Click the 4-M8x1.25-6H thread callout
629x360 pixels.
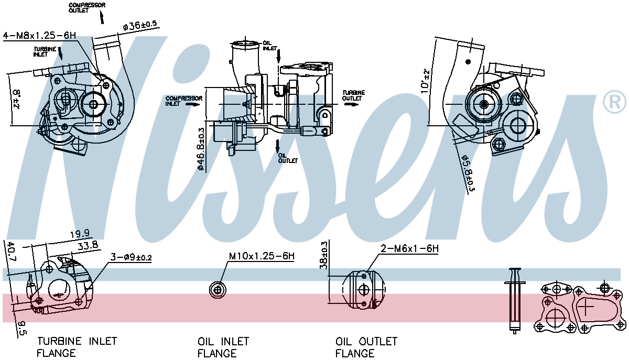coord(40,36)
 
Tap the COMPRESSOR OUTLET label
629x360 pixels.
coord(86,7)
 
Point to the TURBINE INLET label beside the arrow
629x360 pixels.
coord(45,51)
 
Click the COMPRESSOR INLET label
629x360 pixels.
coord(183,101)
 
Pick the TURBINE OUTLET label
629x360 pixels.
coord(353,95)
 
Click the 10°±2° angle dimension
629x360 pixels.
coord(426,81)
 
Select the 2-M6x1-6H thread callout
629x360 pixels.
coord(409,249)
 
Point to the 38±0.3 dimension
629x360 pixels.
coord(324,255)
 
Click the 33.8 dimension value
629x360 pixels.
coord(87,245)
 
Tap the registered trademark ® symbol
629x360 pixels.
coord(614,102)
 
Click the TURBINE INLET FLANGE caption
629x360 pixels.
coord(77,347)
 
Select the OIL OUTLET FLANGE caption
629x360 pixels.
coord(366,347)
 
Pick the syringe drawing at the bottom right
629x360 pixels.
coord(515,300)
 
